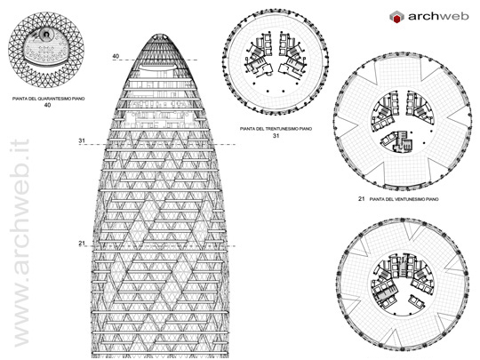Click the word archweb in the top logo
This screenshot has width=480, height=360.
[x=438, y=16]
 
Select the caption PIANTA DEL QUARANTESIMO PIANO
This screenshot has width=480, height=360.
[x=48, y=99]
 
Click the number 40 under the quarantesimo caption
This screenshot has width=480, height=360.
[x=47, y=105]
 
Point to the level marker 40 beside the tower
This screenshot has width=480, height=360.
[x=116, y=56]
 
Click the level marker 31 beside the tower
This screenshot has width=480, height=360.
[x=82, y=140]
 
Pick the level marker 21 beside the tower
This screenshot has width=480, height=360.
[x=82, y=244]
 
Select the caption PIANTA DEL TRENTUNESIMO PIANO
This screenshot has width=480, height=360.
[x=276, y=129]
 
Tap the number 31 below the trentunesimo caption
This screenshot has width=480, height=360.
[x=276, y=136]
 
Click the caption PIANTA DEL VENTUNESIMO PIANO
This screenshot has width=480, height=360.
[x=404, y=199]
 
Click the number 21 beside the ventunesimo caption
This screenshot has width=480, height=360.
[x=362, y=199]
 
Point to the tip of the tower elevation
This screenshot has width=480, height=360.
[x=160, y=35]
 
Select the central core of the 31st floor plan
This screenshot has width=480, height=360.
[x=276, y=55]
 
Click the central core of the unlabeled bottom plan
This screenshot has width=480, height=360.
[x=403, y=284]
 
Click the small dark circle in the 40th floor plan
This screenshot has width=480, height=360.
[x=46, y=35]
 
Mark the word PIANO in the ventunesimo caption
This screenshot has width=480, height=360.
[x=432, y=199]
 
